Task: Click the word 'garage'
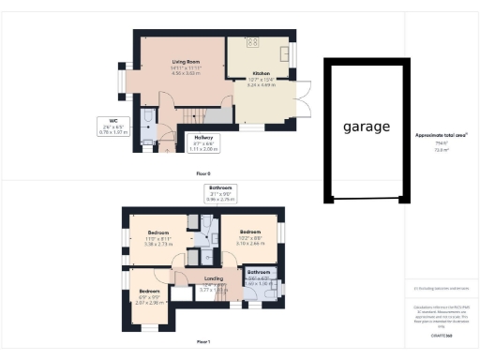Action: tap(366, 127)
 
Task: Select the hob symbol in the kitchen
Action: tap(253, 42)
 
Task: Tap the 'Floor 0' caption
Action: tap(203, 174)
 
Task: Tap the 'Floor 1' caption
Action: tap(202, 341)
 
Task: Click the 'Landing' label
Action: tap(214, 278)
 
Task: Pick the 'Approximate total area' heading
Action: tap(442, 135)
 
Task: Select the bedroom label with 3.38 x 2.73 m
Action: tap(157, 232)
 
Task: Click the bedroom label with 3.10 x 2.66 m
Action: tap(250, 232)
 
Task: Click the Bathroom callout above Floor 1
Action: tap(220, 187)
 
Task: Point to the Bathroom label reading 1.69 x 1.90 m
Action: tap(258, 273)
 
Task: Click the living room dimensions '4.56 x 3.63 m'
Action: tap(187, 72)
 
